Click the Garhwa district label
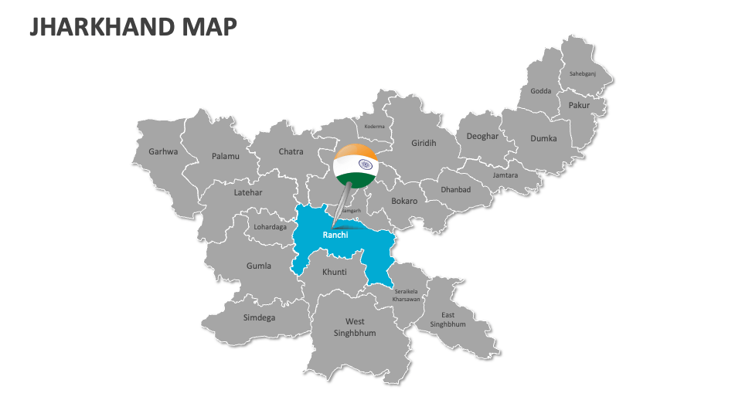(x=163, y=151)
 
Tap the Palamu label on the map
(x=226, y=156)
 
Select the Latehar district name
(x=248, y=192)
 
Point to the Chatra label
(x=291, y=152)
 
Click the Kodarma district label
(x=374, y=127)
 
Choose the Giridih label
(x=424, y=143)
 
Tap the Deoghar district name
(x=482, y=137)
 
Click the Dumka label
(x=543, y=138)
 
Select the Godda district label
(x=541, y=91)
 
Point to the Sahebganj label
(x=583, y=74)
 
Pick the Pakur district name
(x=579, y=105)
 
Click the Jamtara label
(x=505, y=175)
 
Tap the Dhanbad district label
(x=455, y=190)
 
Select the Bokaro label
(x=404, y=201)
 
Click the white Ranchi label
(x=335, y=235)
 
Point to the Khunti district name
(x=335, y=272)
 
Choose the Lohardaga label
(x=271, y=227)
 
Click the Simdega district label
(x=259, y=317)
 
